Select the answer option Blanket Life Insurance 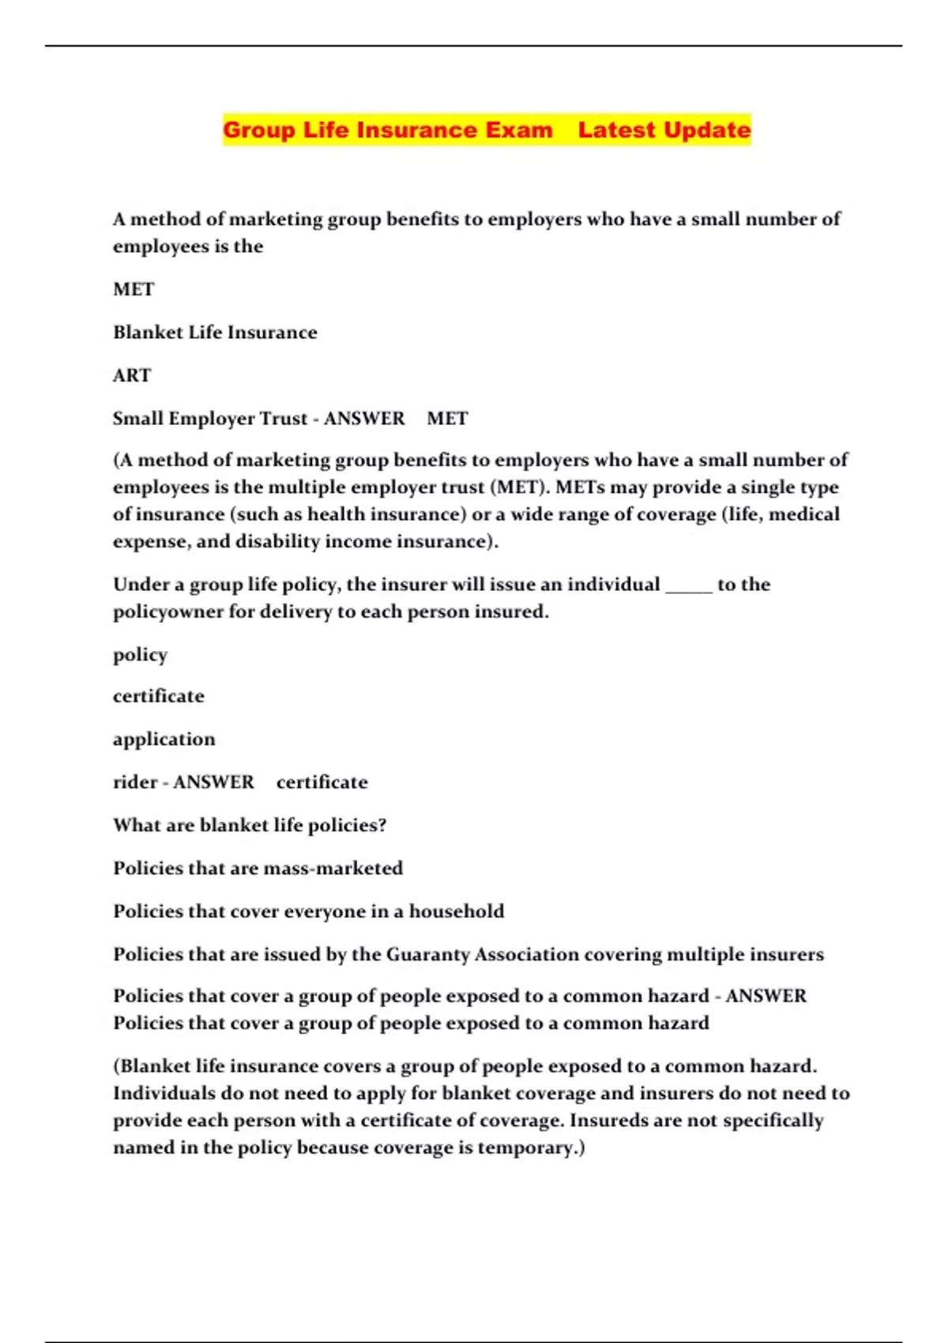pyautogui.click(x=215, y=332)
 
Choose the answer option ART pyautogui.click(x=131, y=375)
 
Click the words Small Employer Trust pyautogui.click(x=209, y=418)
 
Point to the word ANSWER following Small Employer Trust pyautogui.click(x=364, y=418)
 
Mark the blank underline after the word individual pyautogui.click(x=689, y=585)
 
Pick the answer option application pyautogui.click(x=164, y=739)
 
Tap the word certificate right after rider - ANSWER pyautogui.click(x=322, y=782)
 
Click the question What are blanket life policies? pyautogui.click(x=250, y=825)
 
